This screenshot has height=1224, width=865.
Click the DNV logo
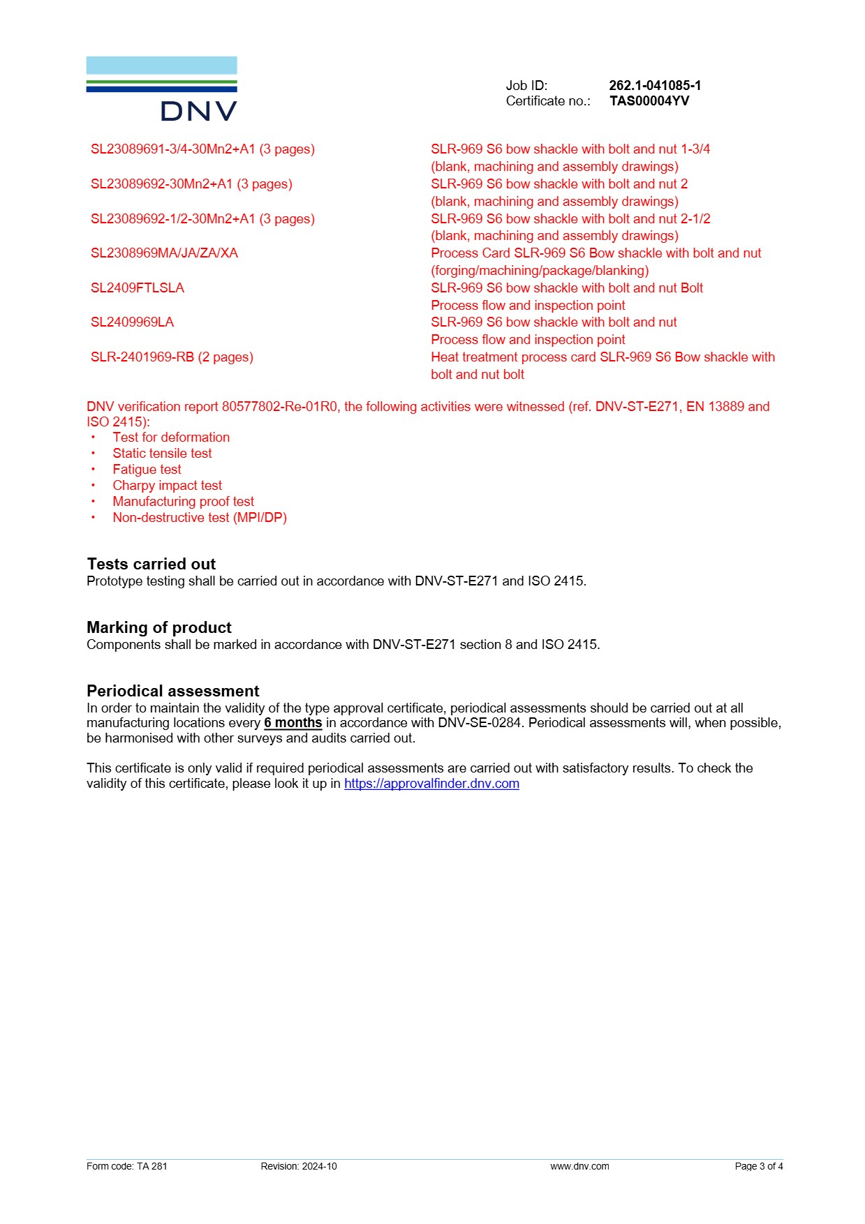[161, 89]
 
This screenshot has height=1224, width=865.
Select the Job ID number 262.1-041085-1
[654, 85]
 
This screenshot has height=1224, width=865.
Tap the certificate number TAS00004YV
[649, 101]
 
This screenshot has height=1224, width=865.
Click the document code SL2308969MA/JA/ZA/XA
[164, 253]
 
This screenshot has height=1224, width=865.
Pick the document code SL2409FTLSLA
[138, 288]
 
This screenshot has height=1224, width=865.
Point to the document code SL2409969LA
[132, 322]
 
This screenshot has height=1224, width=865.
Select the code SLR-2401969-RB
[142, 357]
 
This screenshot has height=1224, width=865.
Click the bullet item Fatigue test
[147, 470]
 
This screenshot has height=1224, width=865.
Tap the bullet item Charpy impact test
[167, 486]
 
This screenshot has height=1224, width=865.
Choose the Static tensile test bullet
[162, 454]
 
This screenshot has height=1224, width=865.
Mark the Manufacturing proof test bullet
[183, 502]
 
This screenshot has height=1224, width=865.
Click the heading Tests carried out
[151, 564]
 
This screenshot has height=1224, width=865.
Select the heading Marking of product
[158, 627]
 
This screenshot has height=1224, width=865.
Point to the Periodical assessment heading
[172, 691]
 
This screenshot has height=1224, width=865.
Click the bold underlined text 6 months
[293, 723]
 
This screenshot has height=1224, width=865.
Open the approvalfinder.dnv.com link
[431, 784]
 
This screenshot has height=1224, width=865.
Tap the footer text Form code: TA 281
[126, 1166]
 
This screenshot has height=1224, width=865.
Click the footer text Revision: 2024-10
[298, 1166]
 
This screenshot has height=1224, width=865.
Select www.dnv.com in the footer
[579, 1166]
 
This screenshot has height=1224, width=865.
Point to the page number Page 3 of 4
[758, 1166]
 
